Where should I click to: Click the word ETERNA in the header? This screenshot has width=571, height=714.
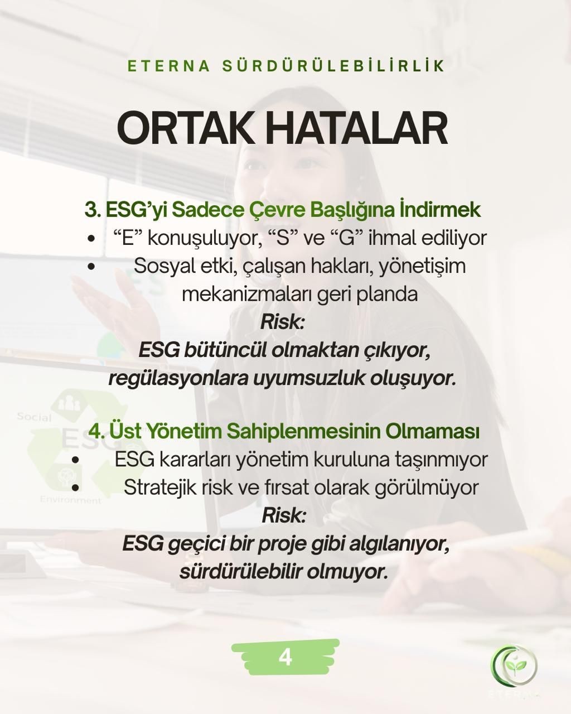(x=169, y=66)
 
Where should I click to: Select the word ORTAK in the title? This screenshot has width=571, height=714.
(x=183, y=128)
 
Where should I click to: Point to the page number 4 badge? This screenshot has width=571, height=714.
(x=285, y=657)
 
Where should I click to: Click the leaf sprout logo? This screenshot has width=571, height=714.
(x=514, y=665)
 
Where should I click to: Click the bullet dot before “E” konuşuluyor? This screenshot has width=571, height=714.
(x=91, y=239)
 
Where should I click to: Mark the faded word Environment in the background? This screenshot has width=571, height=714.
(x=70, y=500)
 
